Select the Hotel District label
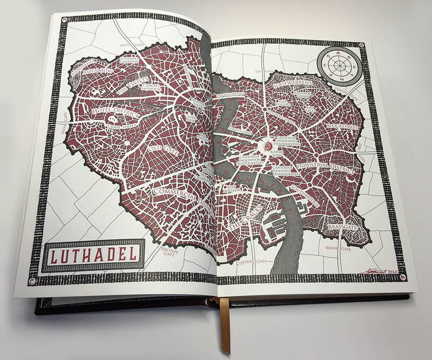click(109, 110)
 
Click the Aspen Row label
click(98, 70)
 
